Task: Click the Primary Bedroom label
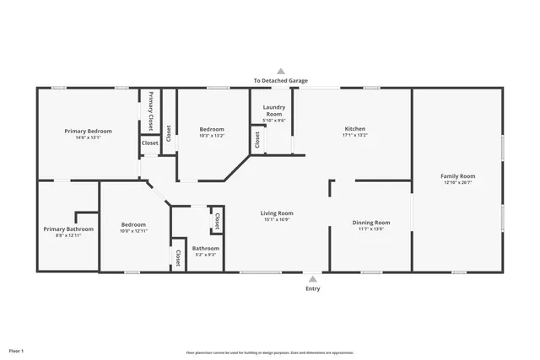89,132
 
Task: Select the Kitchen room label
354,129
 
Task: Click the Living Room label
277,213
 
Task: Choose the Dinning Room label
371,223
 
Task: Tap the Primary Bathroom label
68,228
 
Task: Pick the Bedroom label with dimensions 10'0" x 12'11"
133,224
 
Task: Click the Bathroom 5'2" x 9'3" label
206,249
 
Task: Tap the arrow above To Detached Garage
281,72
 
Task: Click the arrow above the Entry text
313,279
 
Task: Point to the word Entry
313,289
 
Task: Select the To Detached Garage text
281,81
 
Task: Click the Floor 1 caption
16,350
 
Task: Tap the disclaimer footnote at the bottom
269,352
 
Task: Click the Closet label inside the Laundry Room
256,140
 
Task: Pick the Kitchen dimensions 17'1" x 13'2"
354,135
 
